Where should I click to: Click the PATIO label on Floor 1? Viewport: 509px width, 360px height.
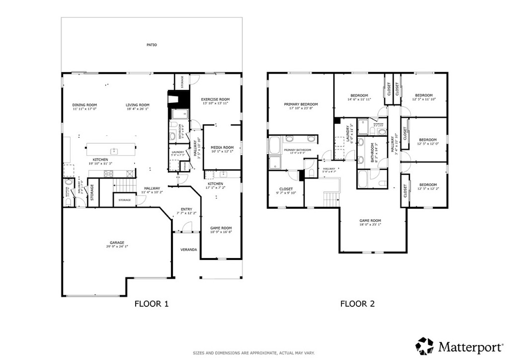(152, 45)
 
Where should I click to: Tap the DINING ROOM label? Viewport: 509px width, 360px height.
(85, 105)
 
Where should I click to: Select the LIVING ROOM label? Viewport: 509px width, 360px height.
(137, 105)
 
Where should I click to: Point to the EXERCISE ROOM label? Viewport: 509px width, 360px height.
(215, 99)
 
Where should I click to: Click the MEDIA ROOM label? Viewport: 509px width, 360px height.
(222, 147)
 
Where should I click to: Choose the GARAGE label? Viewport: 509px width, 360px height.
(117, 243)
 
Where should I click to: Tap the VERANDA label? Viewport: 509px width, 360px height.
(188, 250)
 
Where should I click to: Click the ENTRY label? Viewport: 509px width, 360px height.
(186, 209)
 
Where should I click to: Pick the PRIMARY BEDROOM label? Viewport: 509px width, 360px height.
(301, 104)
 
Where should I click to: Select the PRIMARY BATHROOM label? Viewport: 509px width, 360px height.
(297, 150)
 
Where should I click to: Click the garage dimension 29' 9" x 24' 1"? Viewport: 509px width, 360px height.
(117, 247)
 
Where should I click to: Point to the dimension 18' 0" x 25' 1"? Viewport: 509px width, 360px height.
(370, 224)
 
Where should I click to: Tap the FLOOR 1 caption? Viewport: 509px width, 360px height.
(152, 304)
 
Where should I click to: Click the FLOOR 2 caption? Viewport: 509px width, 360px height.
(356, 304)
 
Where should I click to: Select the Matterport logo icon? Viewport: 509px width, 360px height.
(424, 346)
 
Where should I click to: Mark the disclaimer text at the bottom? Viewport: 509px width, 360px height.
(254, 353)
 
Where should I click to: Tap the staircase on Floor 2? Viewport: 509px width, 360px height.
(331, 199)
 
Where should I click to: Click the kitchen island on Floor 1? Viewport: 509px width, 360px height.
(111, 150)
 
